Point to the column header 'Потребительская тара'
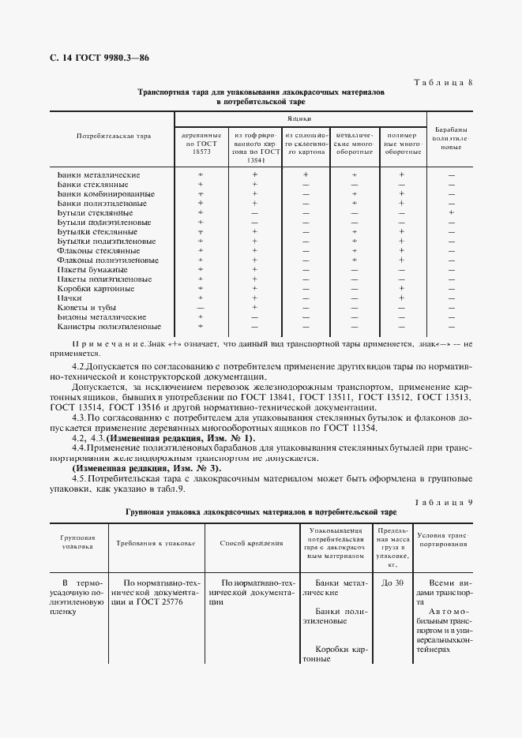[x=113, y=136]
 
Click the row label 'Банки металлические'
[x=99, y=174]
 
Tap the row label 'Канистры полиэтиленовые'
[x=109, y=326]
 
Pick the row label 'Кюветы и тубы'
[x=87, y=307]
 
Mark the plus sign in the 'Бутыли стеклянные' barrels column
[x=451, y=212]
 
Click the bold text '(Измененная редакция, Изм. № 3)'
[x=147, y=468]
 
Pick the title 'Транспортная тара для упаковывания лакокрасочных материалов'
[x=261, y=92]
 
